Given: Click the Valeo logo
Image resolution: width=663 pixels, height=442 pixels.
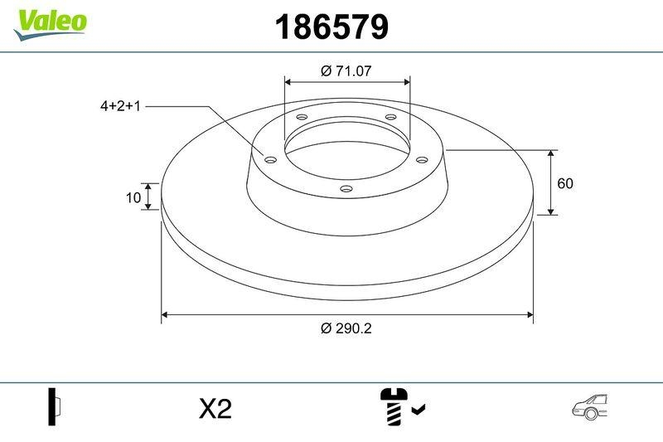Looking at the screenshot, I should click(x=50, y=21).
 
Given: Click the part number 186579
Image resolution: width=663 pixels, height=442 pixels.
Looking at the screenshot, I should click(x=331, y=28).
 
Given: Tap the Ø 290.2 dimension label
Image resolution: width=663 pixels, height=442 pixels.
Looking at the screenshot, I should click(x=346, y=328).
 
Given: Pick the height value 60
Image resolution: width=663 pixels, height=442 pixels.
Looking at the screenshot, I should click(x=566, y=183).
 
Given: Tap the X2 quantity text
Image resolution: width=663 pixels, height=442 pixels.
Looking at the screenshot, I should click(x=215, y=409).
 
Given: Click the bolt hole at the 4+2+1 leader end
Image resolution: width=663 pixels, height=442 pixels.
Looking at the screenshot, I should click(x=269, y=160).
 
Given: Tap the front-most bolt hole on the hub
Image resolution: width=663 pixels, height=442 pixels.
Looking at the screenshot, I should click(x=346, y=190).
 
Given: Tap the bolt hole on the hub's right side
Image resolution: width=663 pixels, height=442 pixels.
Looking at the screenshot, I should click(x=421, y=159).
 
